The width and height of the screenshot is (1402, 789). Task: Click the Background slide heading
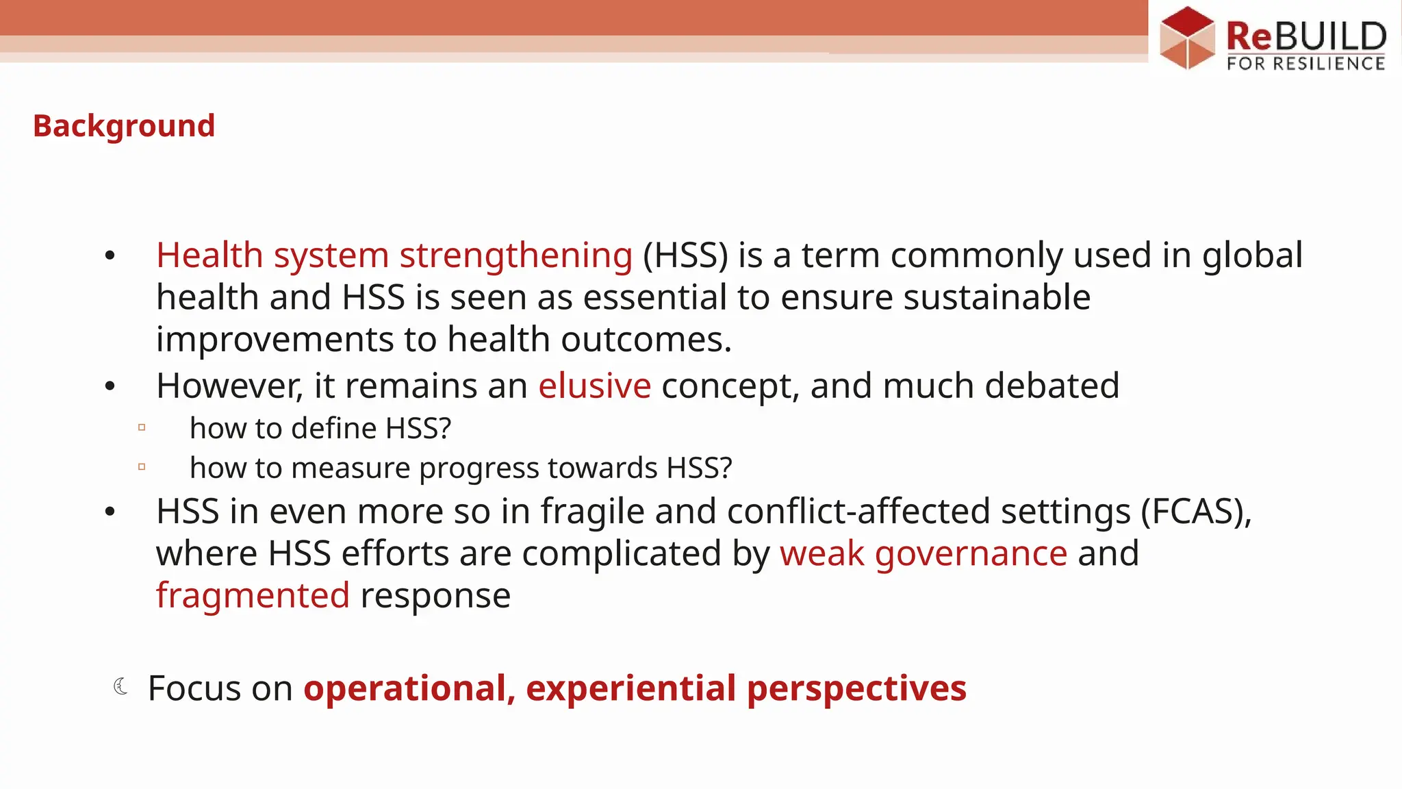click(124, 126)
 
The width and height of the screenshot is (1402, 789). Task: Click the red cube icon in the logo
click(1187, 38)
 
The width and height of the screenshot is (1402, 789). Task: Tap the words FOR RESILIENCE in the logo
click(1305, 64)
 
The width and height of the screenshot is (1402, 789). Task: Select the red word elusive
click(594, 386)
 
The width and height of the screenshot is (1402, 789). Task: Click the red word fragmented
click(253, 595)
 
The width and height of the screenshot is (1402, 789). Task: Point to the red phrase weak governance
click(923, 553)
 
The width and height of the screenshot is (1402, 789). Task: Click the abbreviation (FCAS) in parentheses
click(1195, 512)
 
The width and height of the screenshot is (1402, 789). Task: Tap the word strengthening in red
click(516, 255)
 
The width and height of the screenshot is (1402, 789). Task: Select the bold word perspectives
click(856, 688)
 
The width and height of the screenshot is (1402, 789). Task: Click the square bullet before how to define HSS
click(142, 427)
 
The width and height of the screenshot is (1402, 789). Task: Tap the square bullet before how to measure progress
click(142, 467)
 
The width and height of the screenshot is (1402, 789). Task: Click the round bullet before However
click(110, 387)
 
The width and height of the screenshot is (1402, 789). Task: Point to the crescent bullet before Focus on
click(120, 686)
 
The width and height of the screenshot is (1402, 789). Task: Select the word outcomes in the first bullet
click(646, 340)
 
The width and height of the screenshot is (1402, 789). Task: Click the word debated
click(1052, 386)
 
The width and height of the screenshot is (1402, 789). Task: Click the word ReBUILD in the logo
click(1305, 36)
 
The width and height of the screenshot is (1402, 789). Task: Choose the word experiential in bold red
click(630, 688)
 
